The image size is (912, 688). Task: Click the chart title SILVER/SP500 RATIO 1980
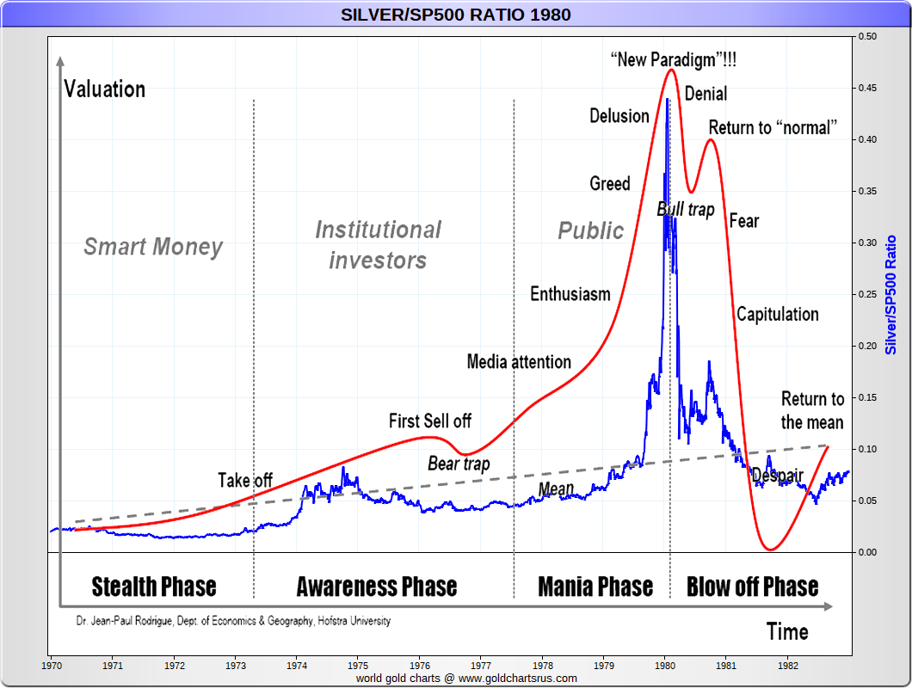click(455, 15)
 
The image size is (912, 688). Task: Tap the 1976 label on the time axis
click(420, 666)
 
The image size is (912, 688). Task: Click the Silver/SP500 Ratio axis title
click(891, 294)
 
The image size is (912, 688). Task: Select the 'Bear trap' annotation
click(459, 464)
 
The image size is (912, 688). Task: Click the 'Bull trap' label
click(686, 209)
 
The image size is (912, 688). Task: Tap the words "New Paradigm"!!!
click(673, 60)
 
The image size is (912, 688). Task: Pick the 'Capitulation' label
click(777, 314)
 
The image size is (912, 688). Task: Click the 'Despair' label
click(777, 476)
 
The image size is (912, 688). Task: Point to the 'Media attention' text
click(519, 361)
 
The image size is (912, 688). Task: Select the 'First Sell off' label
click(430, 421)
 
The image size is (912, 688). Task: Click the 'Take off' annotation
click(245, 480)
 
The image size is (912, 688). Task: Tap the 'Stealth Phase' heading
click(154, 587)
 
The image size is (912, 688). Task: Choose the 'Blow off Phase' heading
click(752, 587)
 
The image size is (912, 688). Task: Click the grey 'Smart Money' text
click(153, 248)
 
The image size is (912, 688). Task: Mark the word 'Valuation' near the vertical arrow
click(105, 89)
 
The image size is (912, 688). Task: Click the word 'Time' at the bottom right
click(787, 632)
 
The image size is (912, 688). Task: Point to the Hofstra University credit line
click(232, 620)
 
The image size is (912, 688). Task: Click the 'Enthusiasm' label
click(570, 294)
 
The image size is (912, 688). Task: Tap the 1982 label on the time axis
click(789, 666)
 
